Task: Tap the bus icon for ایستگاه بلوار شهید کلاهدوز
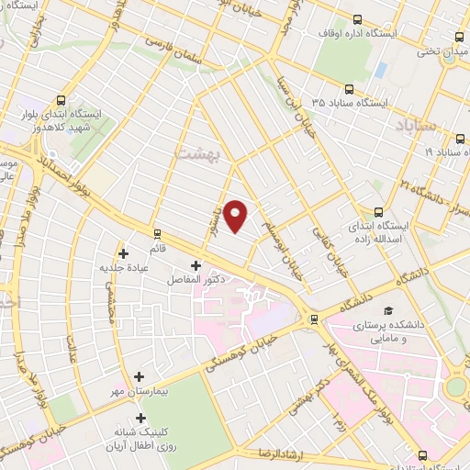click(x=62, y=101)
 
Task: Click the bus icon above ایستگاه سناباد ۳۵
click(x=349, y=90)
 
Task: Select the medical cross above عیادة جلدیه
click(x=123, y=252)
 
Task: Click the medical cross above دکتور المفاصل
click(x=195, y=265)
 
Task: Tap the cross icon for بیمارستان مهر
click(x=140, y=375)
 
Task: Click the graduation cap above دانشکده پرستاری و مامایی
click(x=389, y=312)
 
